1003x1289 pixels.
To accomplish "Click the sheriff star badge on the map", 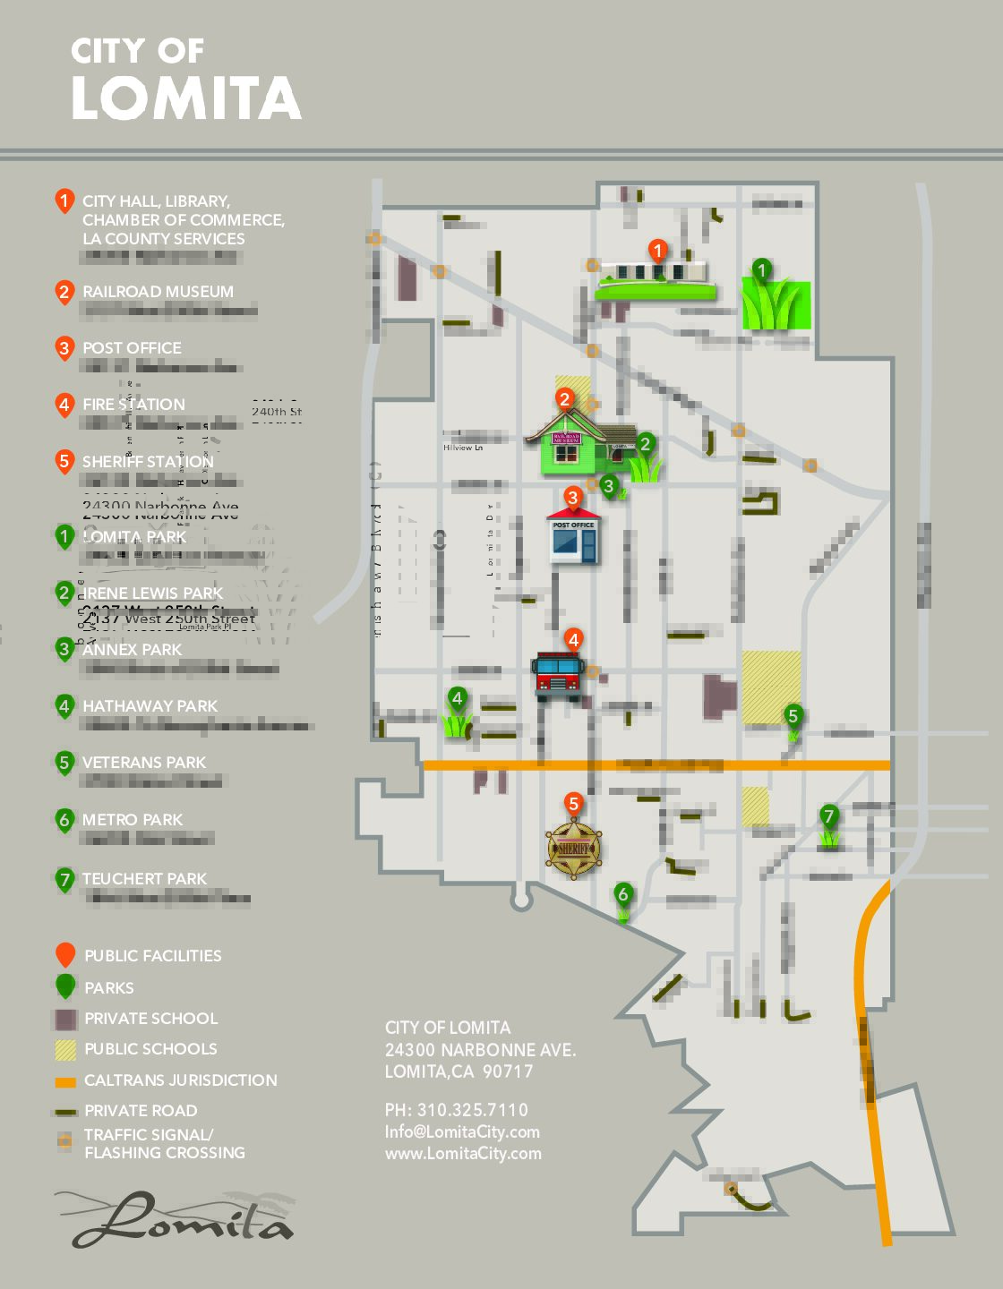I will [574, 848].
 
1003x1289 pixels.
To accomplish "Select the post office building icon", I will [573, 538].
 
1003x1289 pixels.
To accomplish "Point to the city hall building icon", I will [656, 277].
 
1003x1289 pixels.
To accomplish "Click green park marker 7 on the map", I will [829, 816].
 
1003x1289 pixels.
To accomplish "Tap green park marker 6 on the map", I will [623, 893].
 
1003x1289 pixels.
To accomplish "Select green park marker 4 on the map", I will [457, 698].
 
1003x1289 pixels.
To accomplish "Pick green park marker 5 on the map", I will [793, 715].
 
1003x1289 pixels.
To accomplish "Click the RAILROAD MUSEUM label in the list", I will [158, 292].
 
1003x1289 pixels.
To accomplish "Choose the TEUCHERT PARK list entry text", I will [144, 879].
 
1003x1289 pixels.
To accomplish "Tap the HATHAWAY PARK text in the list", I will [150, 706].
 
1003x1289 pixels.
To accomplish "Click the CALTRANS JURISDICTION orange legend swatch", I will [65, 1081].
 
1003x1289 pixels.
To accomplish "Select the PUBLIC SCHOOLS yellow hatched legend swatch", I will [65, 1049].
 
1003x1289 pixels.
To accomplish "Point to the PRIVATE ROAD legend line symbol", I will [65, 1112].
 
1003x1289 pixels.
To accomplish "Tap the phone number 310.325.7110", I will [472, 1110].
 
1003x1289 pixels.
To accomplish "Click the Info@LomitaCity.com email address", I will [462, 1131].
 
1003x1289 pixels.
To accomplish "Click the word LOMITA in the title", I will [186, 98].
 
